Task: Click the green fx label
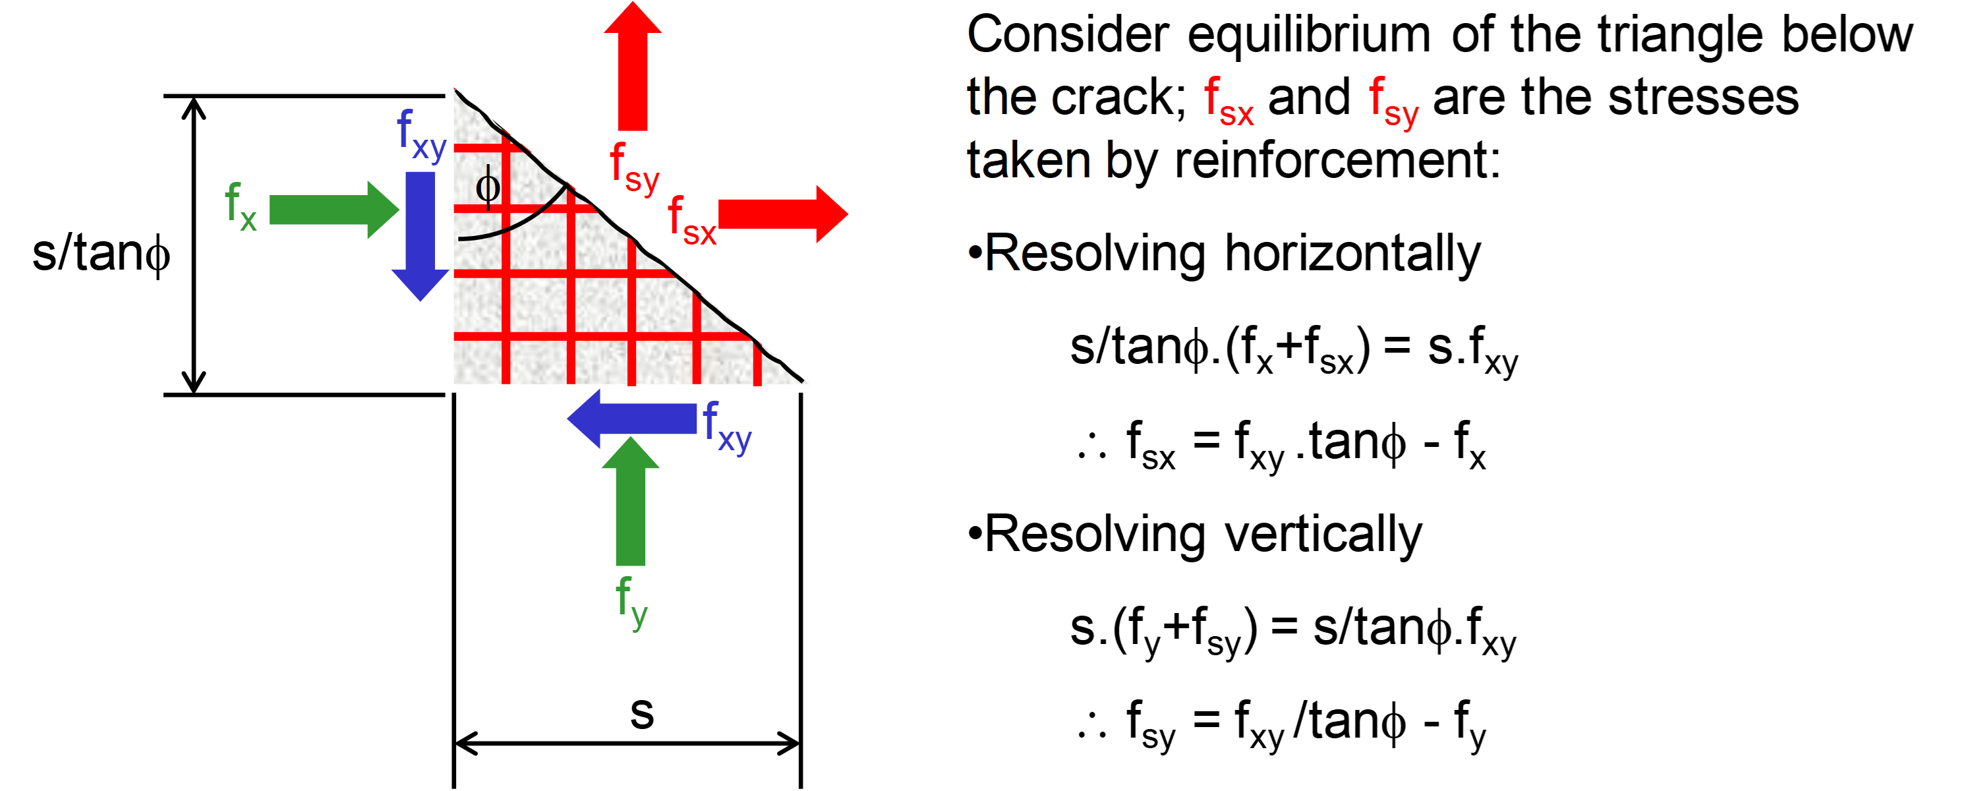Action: (x=241, y=206)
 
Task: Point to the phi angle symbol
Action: (x=488, y=187)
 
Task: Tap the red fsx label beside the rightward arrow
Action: (x=691, y=221)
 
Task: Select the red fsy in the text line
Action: (x=1394, y=101)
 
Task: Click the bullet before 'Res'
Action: (x=974, y=252)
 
